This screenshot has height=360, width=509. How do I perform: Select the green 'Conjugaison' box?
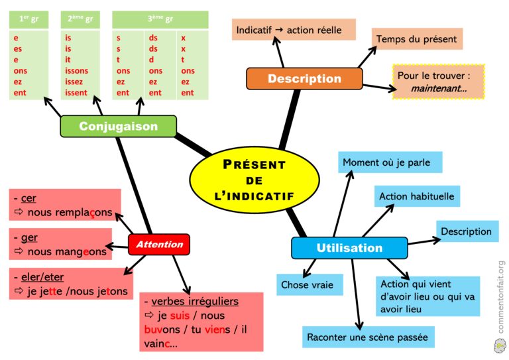coord(119,126)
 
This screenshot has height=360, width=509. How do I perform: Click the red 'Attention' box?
coord(159,245)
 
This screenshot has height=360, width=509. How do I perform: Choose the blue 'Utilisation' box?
coord(349,248)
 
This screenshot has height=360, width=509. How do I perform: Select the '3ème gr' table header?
coord(160,20)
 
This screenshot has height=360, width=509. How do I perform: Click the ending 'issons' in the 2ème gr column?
coord(77,71)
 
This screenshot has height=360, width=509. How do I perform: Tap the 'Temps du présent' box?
coord(416,39)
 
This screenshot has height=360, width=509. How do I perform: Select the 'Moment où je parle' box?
coord(391,162)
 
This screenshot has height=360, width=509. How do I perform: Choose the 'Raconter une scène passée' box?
coord(367,337)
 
